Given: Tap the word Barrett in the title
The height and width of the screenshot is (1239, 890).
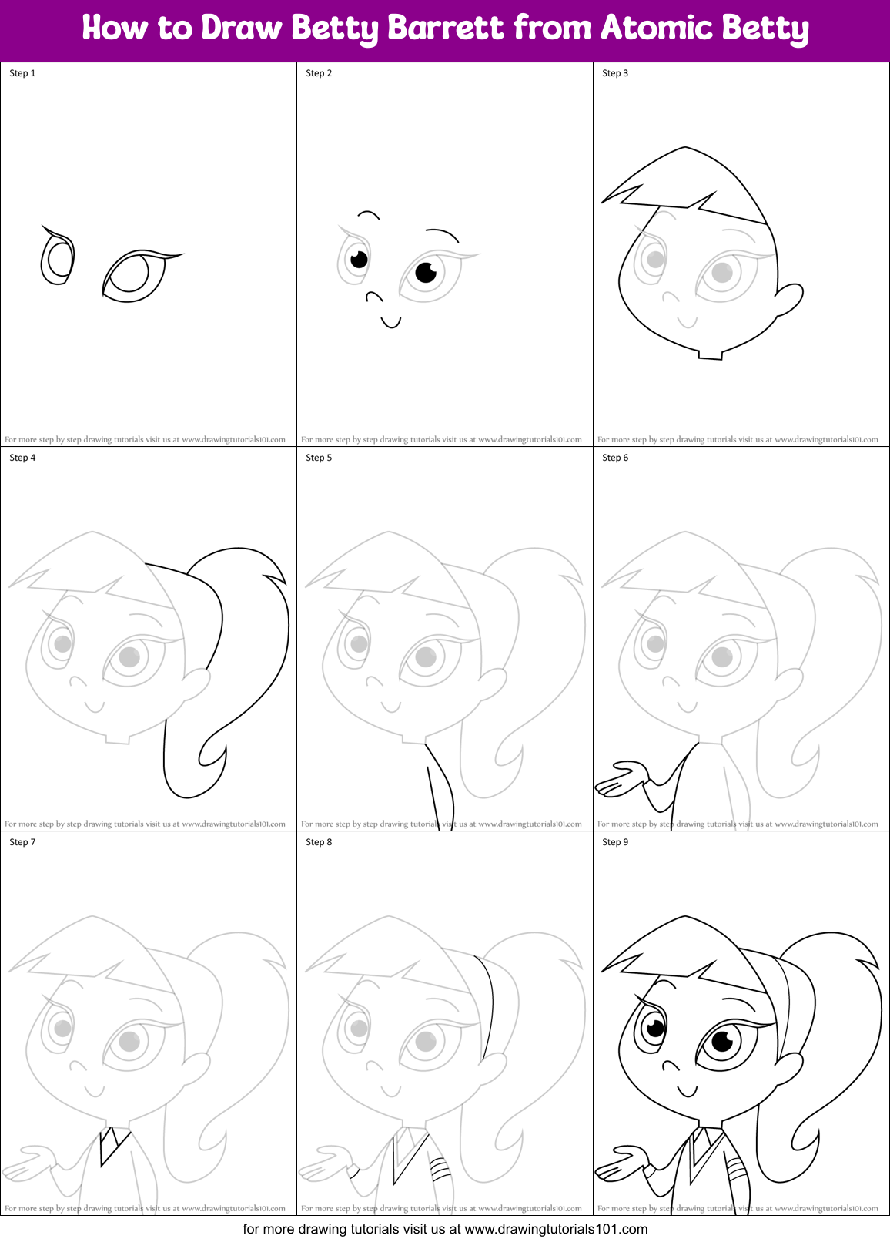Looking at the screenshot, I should pyautogui.click(x=446, y=28).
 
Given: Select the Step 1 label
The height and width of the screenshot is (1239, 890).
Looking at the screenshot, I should pyautogui.click(x=22, y=73).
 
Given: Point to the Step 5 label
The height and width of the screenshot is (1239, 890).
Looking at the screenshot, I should pyautogui.click(x=319, y=458).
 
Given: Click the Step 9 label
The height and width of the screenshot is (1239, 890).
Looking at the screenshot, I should pyautogui.click(x=615, y=842).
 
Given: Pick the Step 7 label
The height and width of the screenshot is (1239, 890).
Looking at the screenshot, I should pyautogui.click(x=22, y=842).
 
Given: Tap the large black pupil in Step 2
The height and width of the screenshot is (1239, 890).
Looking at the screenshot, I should pyautogui.click(x=426, y=272).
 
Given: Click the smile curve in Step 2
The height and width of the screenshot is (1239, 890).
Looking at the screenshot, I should pyautogui.click(x=391, y=322).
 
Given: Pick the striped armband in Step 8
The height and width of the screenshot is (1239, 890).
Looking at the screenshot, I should pyautogui.click(x=439, y=1170).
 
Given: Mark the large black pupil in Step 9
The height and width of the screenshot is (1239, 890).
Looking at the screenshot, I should pyautogui.click(x=722, y=1042).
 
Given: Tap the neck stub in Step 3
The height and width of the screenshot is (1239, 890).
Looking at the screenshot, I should pyautogui.click(x=711, y=354).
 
